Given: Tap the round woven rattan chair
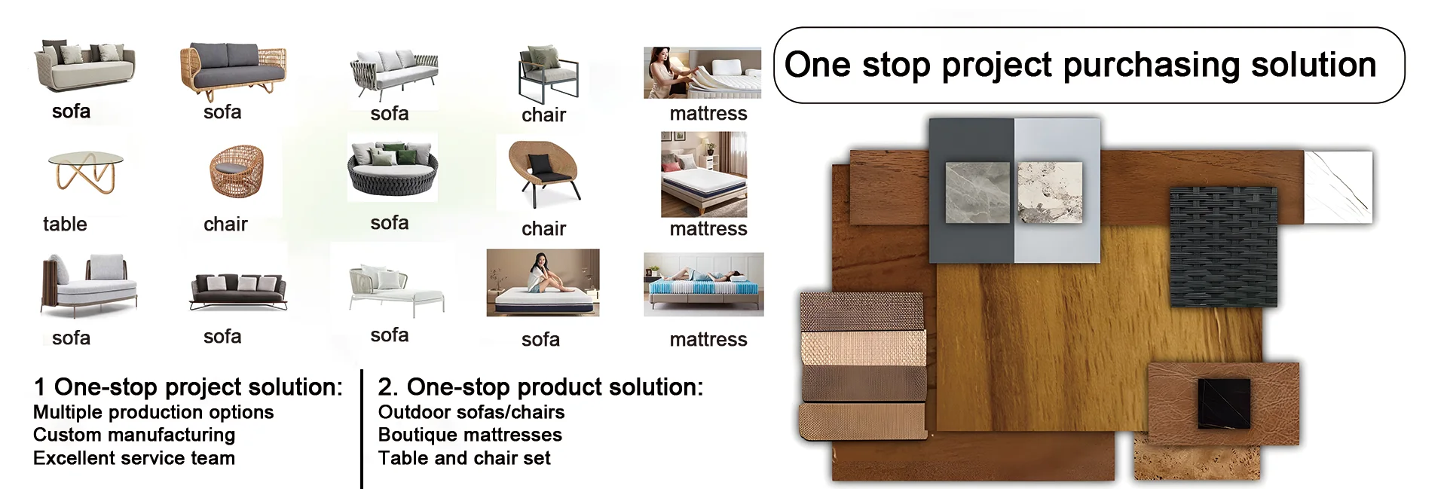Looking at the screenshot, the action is pyautogui.click(x=237, y=172).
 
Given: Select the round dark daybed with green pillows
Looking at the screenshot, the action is pyautogui.click(x=393, y=167).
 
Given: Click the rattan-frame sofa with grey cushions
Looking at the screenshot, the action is pyautogui.click(x=234, y=69).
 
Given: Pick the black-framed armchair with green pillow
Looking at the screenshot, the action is pyautogui.click(x=548, y=73).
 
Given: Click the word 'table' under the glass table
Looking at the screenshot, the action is pyautogui.click(x=65, y=224).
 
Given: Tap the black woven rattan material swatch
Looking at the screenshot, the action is pyautogui.click(x=1223, y=246).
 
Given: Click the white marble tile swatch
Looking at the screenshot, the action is pyautogui.click(x=1338, y=187).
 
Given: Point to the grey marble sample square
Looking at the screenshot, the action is pyautogui.click(x=977, y=192).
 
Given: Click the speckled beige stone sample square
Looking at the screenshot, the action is pyautogui.click(x=1050, y=192).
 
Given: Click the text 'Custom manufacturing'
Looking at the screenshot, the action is pyautogui.click(x=134, y=435).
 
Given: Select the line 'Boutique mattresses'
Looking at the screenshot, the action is pyautogui.click(x=470, y=435).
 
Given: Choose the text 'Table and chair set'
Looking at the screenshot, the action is pyautogui.click(x=464, y=458).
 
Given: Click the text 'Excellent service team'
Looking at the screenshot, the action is pyautogui.click(x=134, y=458).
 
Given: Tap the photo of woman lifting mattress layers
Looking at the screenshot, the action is pyautogui.click(x=702, y=73).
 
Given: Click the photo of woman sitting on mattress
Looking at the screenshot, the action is pyautogui.click(x=543, y=283).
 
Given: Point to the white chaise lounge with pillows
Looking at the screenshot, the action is pyautogui.click(x=396, y=290).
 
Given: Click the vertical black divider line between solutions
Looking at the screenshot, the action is pyautogui.click(x=362, y=429).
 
